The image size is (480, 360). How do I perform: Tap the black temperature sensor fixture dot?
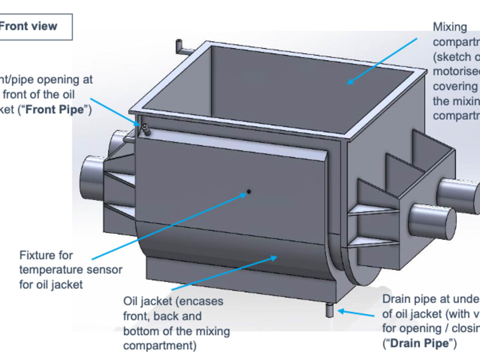(249, 191)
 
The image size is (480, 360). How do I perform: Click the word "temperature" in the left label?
(49, 270)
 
